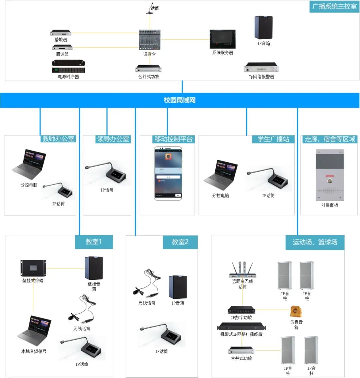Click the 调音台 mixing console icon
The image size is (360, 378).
pos(150,40)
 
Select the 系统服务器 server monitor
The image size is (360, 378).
pos(222,39)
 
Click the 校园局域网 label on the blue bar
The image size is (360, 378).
pos(180,100)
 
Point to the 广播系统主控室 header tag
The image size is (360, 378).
pos(334,6)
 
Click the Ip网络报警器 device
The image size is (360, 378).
pos(261,68)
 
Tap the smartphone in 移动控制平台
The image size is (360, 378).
pos(168,173)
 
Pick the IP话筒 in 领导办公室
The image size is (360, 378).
pos(107,173)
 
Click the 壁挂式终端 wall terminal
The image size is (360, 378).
pos(33,268)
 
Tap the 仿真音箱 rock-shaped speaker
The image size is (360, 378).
pos(296,312)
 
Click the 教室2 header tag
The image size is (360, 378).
pos(180,242)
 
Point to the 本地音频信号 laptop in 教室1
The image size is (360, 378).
pos(35,331)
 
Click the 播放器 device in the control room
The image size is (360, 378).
pos(61,33)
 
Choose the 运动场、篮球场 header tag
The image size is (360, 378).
pos(315,242)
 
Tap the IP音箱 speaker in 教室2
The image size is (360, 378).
pos(178,287)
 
